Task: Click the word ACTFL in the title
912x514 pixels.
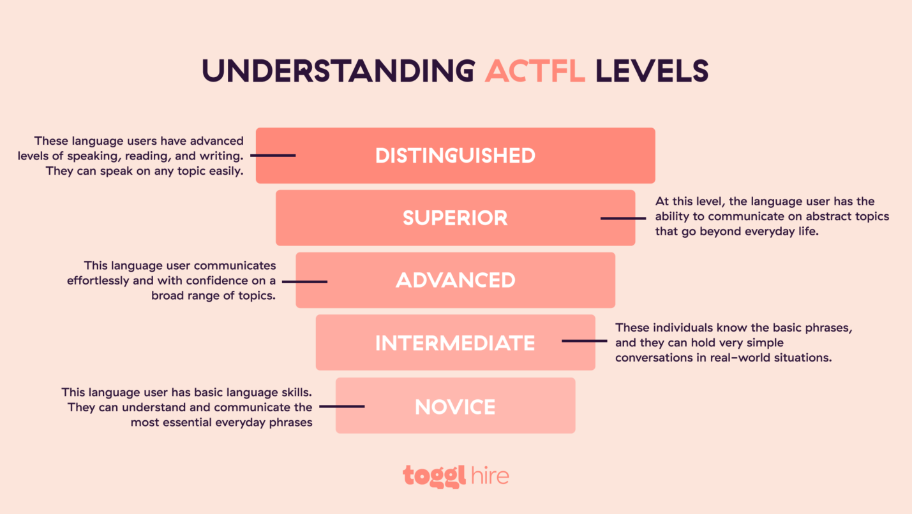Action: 535,71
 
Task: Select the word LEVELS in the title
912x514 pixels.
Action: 652,71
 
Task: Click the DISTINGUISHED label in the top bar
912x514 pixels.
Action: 455,156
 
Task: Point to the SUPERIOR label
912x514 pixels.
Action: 455,218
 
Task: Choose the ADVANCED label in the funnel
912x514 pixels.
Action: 455,281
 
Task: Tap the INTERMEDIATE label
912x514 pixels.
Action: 455,343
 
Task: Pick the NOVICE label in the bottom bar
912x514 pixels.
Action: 455,407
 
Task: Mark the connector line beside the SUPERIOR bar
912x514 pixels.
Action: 623,219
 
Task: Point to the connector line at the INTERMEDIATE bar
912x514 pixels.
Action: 584,341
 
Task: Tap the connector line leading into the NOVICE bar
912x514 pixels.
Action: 341,406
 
